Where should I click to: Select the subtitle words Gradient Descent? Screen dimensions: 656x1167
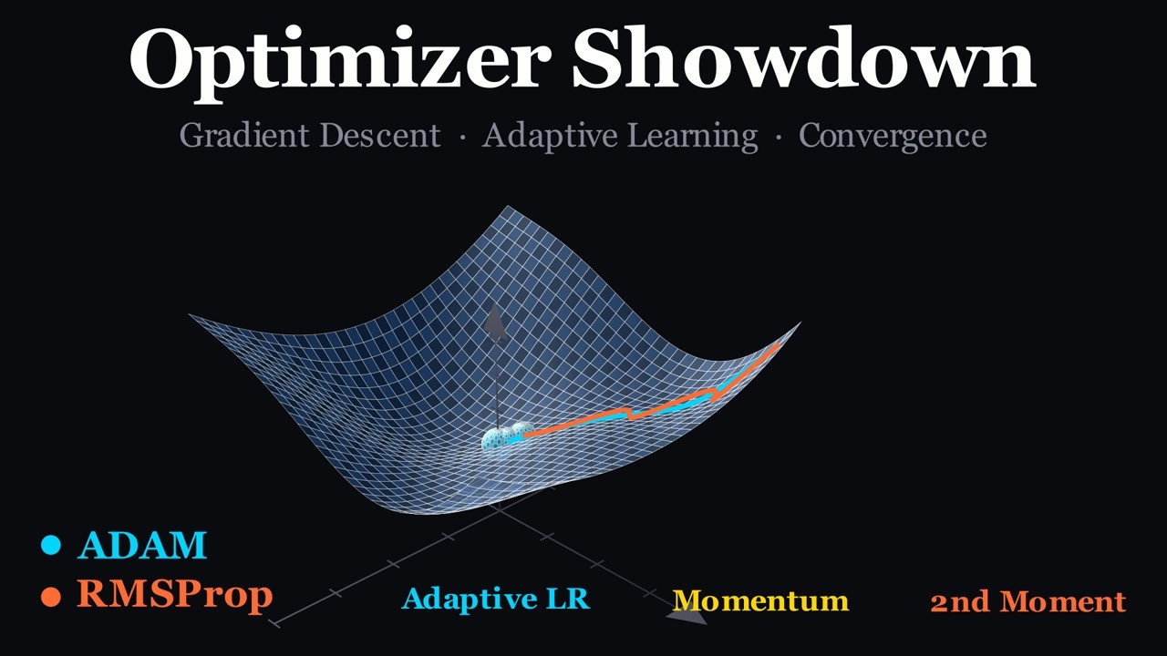pyautogui.click(x=310, y=136)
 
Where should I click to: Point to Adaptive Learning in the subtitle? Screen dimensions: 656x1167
pyautogui.click(x=620, y=136)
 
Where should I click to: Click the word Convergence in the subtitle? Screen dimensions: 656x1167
pyautogui.click(x=893, y=136)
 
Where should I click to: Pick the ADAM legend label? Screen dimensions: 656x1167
pyautogui.click(x=142, y=545)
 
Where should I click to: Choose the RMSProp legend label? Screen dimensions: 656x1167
pyautogui.click(x=174, y=594)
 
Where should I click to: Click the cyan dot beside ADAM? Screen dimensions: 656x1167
pyautogui.click(x=51, y=546)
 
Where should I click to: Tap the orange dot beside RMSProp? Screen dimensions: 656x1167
pyautogui.click(x=51, y=596)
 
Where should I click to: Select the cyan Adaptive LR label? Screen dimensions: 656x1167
pyautogui.click(x=496, y=599)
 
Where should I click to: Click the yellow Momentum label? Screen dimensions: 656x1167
pyautogui.click(x=760, y=600)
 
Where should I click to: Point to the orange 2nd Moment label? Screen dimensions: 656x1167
pyautogui.click(x=1028, y=601)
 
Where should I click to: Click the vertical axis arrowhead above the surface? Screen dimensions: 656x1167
pyautogui.click(x=495, y=321)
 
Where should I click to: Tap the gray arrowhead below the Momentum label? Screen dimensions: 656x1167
pyautogui.click(x=687, y=617)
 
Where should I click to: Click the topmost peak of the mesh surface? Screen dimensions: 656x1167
pyautogui.click(x=507, y=207)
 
